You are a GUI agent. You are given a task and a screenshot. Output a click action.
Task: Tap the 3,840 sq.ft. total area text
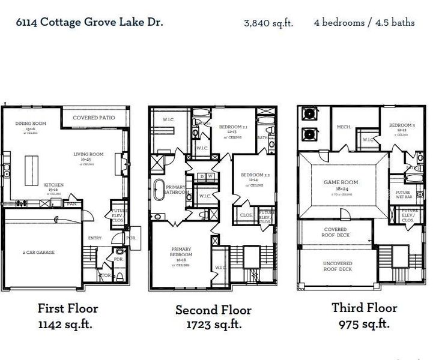click(268, 23)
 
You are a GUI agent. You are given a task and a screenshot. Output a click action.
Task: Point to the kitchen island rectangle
click(31, 164)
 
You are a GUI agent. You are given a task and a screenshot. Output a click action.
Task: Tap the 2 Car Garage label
click(39, 253)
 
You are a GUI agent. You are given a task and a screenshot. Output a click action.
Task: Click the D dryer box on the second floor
click(202, 176)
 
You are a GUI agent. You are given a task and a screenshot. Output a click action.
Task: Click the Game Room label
click(341, 182)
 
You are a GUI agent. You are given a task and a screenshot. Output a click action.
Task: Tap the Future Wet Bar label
click(403, 194)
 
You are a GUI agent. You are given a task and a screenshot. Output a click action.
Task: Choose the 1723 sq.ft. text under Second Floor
click(213, 325)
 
